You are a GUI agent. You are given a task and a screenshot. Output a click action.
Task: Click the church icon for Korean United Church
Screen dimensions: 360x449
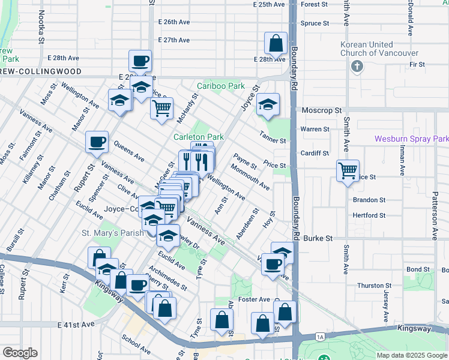point(358,65)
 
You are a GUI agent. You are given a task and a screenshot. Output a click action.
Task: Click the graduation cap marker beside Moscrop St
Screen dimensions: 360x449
point(268,106)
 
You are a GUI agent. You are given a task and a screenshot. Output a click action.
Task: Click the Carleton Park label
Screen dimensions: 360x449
point(198,137)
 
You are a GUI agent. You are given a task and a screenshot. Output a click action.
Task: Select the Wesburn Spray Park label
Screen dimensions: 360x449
point(411,139)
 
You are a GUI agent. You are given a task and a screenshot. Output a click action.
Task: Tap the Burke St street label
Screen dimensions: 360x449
point(318,238)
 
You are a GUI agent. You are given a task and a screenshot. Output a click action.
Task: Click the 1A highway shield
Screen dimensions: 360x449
point(321,337)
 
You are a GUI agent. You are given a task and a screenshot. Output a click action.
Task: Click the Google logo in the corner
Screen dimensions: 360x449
point(20,353)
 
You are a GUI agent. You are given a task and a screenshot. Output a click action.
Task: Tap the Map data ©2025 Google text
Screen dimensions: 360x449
point(412,355)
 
